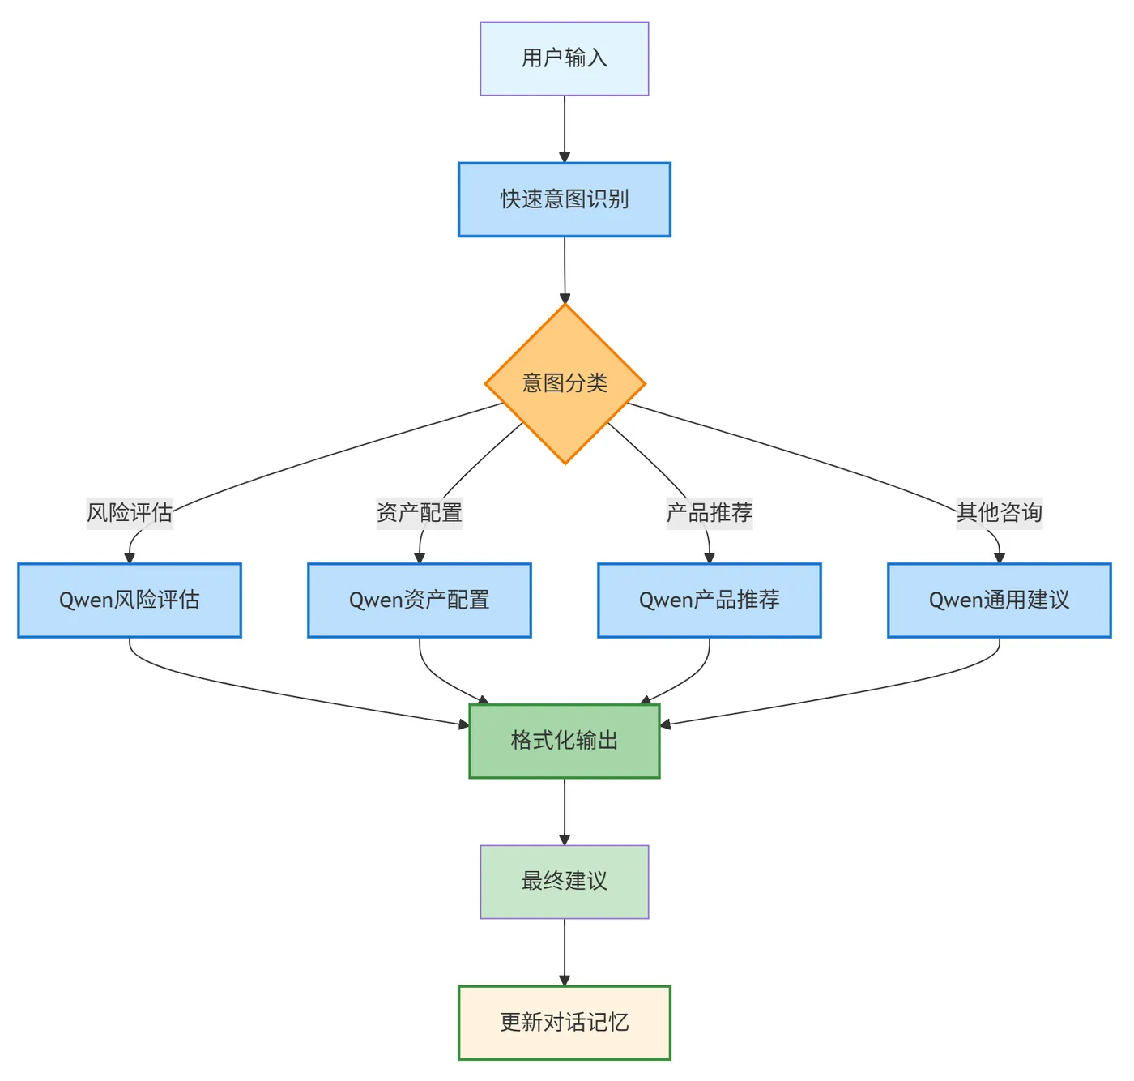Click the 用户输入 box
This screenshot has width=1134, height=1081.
click(x=565, y=58)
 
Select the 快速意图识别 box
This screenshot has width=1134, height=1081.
click(x=565, y=199)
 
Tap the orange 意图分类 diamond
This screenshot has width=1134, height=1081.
click(x=565, y=383)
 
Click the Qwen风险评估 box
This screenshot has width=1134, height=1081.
click(x=130, y=600)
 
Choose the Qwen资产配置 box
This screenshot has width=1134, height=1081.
click(x=420, y=600)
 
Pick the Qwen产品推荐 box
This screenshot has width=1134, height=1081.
click(x=710, y=600)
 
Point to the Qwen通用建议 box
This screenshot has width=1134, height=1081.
click(x=1000, y=600)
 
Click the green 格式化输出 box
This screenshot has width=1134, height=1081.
click(x=565, y=741)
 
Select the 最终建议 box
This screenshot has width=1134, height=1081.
click(x=565, y=882)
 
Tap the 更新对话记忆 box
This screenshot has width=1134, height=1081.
click(x=565, y=1023)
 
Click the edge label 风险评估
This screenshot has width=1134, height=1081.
click(x=130, y=513)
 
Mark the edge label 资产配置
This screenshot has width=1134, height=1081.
click(x=420, y=513)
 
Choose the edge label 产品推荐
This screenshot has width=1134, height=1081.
click(x=710, y=513)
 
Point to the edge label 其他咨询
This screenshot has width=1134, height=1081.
click(x=1000, y=513)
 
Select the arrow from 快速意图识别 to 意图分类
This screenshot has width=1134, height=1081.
click(x=565, y=269)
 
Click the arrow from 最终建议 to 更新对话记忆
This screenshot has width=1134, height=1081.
click(x=565, y=951)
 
